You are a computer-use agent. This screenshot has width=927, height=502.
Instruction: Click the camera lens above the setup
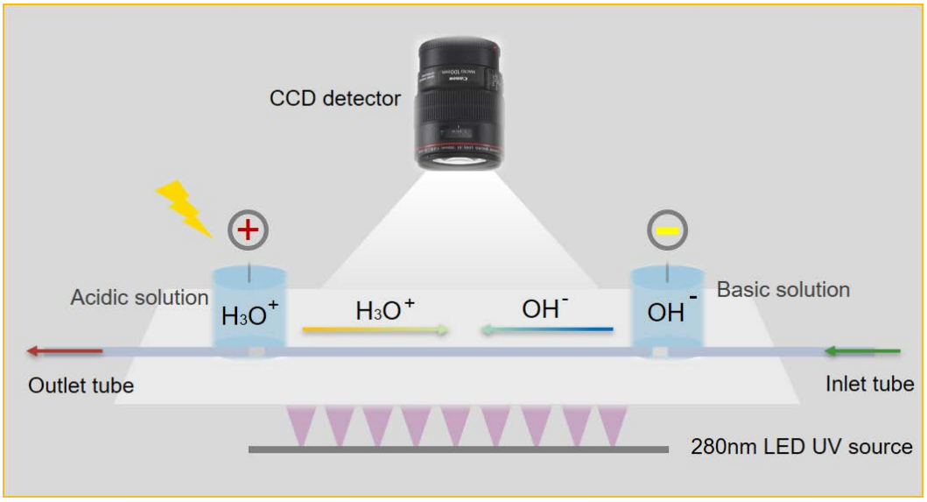tap(460, 103)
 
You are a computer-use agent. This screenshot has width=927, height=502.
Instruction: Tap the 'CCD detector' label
tap(335, 98)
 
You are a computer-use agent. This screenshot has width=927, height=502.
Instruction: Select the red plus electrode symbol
tap(248, 230)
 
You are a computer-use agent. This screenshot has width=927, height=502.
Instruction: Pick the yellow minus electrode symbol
tap(668, 230)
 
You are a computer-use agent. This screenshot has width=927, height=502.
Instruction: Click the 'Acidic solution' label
tap(139, 298)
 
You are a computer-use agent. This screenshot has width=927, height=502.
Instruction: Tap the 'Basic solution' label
tap(783, 289)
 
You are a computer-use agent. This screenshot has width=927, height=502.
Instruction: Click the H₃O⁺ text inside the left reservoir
tap(249, 314)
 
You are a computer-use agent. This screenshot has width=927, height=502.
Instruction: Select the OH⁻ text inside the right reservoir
tap(672, 312)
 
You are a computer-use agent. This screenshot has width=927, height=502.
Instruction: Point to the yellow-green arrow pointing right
tap(376, 330)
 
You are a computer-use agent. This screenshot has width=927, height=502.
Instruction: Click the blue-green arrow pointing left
tap(544, 330)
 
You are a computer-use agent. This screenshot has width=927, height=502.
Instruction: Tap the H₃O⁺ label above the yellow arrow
tap(385, 308)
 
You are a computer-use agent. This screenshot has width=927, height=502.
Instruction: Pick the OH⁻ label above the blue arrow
tap(545, 308)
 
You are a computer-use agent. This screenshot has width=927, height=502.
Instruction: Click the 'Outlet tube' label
tap(81, 385)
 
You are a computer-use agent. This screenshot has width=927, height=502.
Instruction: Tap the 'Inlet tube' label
tap(869, 384)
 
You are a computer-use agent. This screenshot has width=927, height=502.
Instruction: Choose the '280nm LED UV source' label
tap(802, 447)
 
